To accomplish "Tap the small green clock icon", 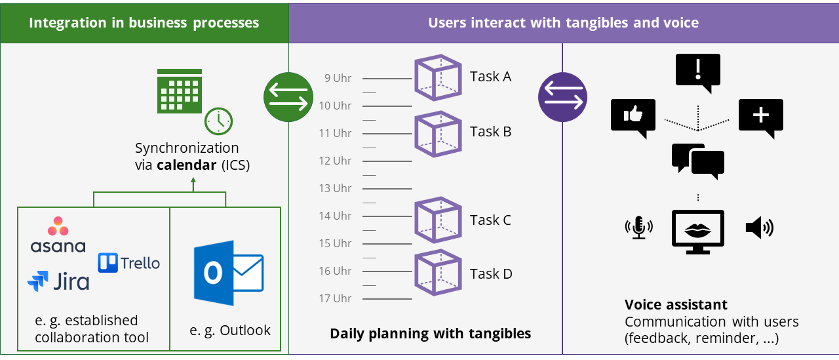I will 218,121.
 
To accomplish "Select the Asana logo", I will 58,235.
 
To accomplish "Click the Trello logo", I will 129,263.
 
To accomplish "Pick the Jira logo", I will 58,281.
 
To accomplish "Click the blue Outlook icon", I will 228,273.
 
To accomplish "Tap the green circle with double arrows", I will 288,97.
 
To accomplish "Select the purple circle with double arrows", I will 562,97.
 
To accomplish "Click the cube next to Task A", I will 439,78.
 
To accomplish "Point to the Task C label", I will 490,220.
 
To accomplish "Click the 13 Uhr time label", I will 335,188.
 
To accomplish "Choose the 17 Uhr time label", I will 335,298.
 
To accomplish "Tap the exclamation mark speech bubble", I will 698,71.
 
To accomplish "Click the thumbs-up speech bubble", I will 633,117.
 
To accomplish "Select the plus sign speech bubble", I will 760,117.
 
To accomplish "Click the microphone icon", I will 638,228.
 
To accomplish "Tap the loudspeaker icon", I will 759,228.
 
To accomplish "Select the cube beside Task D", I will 439,273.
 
